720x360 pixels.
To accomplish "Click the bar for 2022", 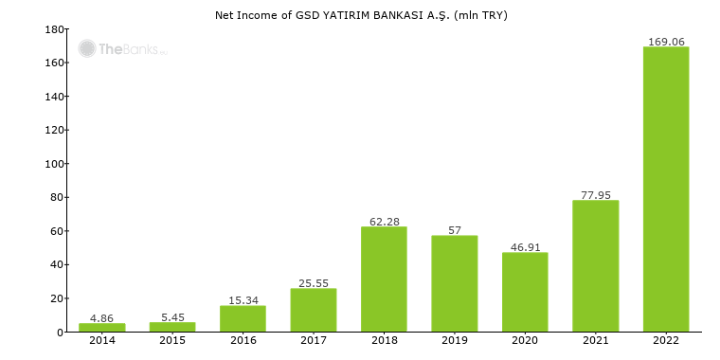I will [666, 189].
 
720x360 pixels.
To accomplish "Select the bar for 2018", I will [384, 279].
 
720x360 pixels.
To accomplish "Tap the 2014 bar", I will [102, 327].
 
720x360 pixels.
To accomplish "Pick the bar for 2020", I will [525, 292].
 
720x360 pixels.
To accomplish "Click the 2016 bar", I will [243, 318].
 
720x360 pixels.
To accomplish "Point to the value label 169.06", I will [666, 42].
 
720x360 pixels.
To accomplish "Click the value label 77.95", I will [596, 195].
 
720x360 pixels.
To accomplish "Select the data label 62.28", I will [384, 222].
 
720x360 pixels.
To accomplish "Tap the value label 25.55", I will [314, 283].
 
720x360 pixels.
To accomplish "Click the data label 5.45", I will [172, 317].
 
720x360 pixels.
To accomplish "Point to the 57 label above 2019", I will [455, 230].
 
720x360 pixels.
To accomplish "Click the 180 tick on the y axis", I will [54, 29].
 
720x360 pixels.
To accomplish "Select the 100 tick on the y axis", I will [54, 164].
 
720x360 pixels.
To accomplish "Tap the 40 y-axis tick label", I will [57, 264].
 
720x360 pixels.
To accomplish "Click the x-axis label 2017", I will [314, 340].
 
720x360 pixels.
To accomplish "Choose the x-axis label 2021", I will [596, 340].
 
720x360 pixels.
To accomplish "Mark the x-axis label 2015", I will [172, 340].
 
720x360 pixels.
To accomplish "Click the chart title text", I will [361, 14].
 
